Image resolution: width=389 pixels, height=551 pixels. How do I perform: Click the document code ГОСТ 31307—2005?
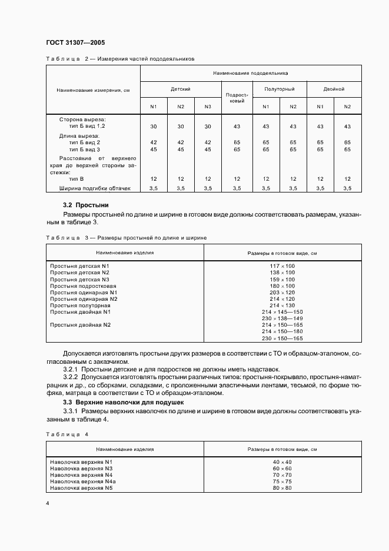coord(75,43)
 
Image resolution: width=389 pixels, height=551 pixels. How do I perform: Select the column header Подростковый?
coord(237,97)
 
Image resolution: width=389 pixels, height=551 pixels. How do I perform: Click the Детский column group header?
coord(180,89)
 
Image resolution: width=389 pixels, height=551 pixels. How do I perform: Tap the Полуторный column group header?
coord(280,89)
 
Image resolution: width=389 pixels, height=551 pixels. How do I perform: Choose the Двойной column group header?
coord(334,89)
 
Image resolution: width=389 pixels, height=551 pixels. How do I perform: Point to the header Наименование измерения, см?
coord(93,90)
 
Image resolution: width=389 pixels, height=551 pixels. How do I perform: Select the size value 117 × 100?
coord(282,266)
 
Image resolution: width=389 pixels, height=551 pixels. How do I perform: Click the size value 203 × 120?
coord(282,293)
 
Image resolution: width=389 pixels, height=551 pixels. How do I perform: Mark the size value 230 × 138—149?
coord(282,318)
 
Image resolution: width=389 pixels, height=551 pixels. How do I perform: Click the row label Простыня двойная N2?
coord(81,325)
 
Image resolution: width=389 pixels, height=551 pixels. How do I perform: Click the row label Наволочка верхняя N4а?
coord(83,482)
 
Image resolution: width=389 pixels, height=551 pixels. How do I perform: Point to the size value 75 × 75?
coord(282,482)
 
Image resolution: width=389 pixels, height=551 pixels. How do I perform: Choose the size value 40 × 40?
coord(282,462)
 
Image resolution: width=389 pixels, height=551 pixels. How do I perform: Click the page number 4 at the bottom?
coord(47,504)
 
